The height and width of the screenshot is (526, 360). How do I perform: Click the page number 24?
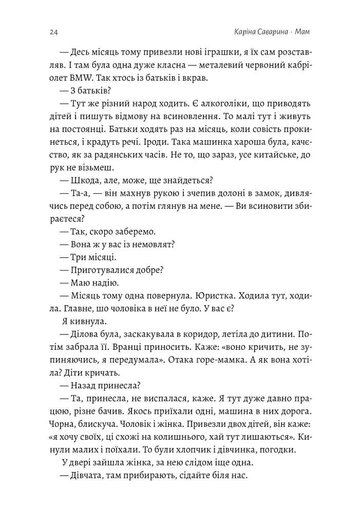53,32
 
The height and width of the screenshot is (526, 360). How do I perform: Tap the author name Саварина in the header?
267,32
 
